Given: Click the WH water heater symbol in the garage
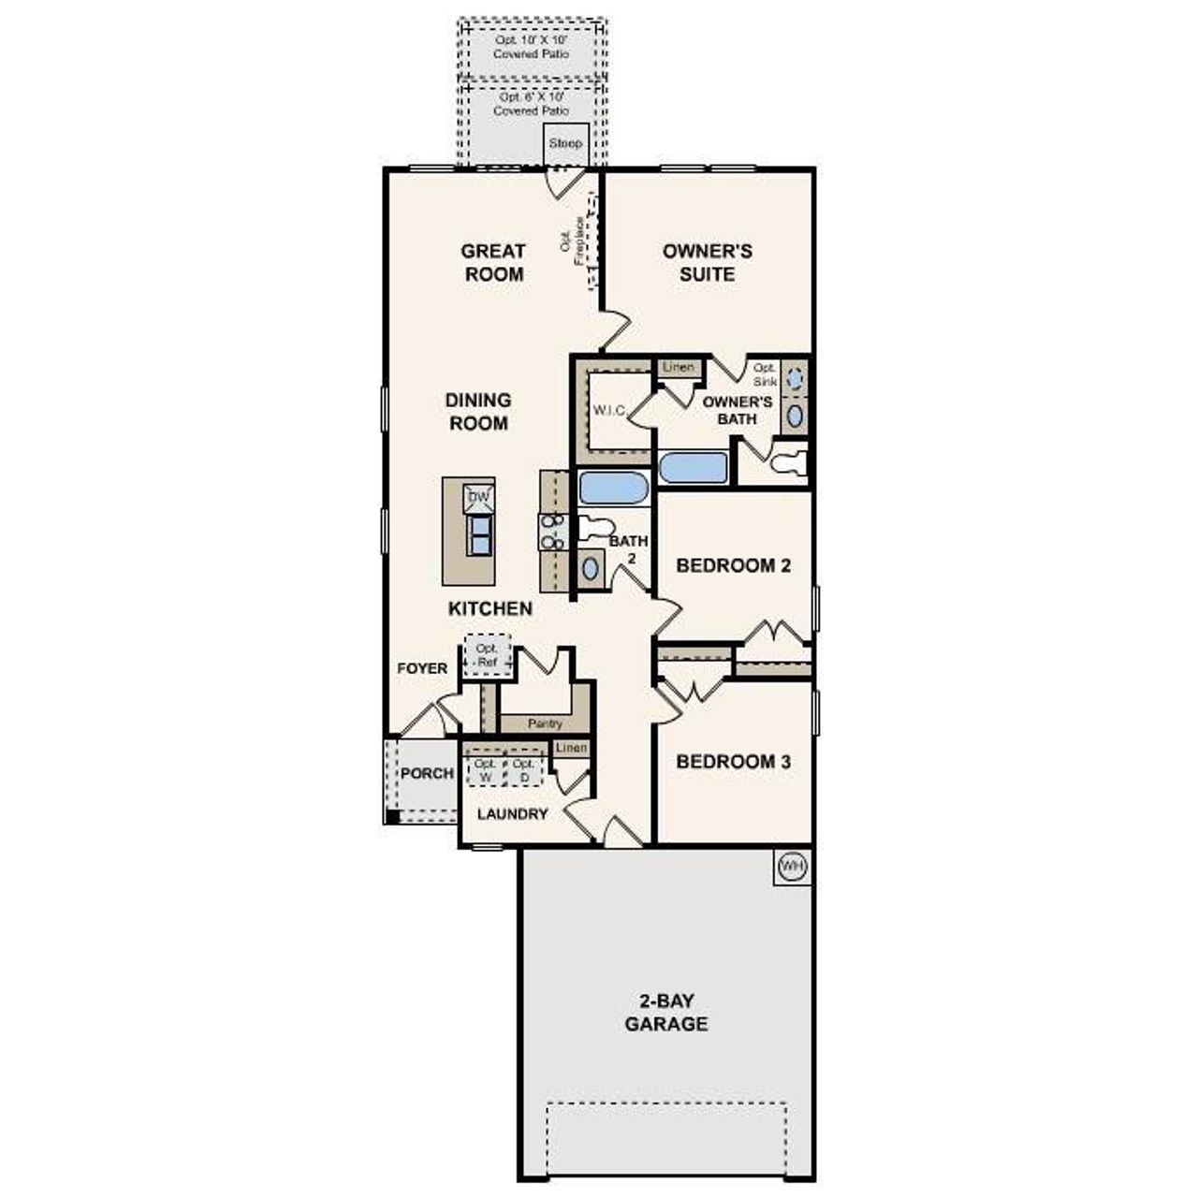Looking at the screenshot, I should click(x=791, y=867).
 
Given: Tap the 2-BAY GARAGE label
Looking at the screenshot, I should click(x=666, y=1013).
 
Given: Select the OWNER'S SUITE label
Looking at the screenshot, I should click(x=707, y=262).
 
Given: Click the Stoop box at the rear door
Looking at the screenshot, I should click(x=565, y=143).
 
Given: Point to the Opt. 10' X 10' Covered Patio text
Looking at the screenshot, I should click(x=531, y=47).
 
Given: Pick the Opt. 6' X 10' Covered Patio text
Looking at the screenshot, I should click(x=531, y=103).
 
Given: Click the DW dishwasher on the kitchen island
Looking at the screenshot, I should click(x=478, y=498).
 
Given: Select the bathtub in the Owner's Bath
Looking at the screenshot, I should click(x=693, y=468).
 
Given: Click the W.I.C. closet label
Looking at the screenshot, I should click(x=609, y=411).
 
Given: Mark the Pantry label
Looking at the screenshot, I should click(x=545, y=723).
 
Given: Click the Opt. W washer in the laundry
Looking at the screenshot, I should click(x=485, y=770).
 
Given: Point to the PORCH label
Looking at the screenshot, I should click(x=427, y=774).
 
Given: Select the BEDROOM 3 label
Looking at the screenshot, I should click(x=733, y=762).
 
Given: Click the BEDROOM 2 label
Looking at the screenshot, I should click(x=733, y=565).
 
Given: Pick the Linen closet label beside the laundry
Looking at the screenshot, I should click(x=571, y=748).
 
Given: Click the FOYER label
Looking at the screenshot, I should click(x=422, y=668).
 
